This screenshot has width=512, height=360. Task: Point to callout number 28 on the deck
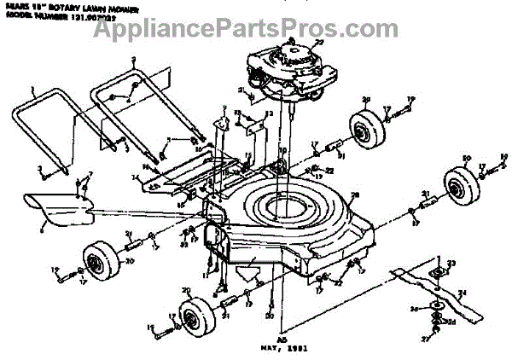(x=356, y=197)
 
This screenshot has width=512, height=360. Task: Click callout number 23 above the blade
(x=452, y=262)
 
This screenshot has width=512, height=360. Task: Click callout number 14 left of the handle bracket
(x=134, y=177)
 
